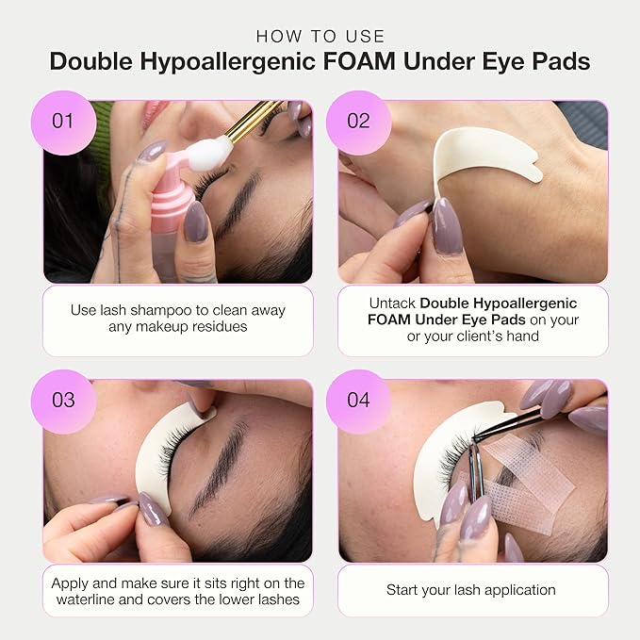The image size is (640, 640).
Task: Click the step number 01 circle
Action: coord(63,121)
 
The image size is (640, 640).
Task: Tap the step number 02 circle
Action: coord(358,121)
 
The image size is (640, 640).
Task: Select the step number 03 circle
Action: coord(63,399)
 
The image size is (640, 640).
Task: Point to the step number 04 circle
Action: coord(358,399)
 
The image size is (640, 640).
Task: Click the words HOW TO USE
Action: coord(320,36)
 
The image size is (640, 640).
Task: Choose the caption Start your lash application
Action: coord(470,590)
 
